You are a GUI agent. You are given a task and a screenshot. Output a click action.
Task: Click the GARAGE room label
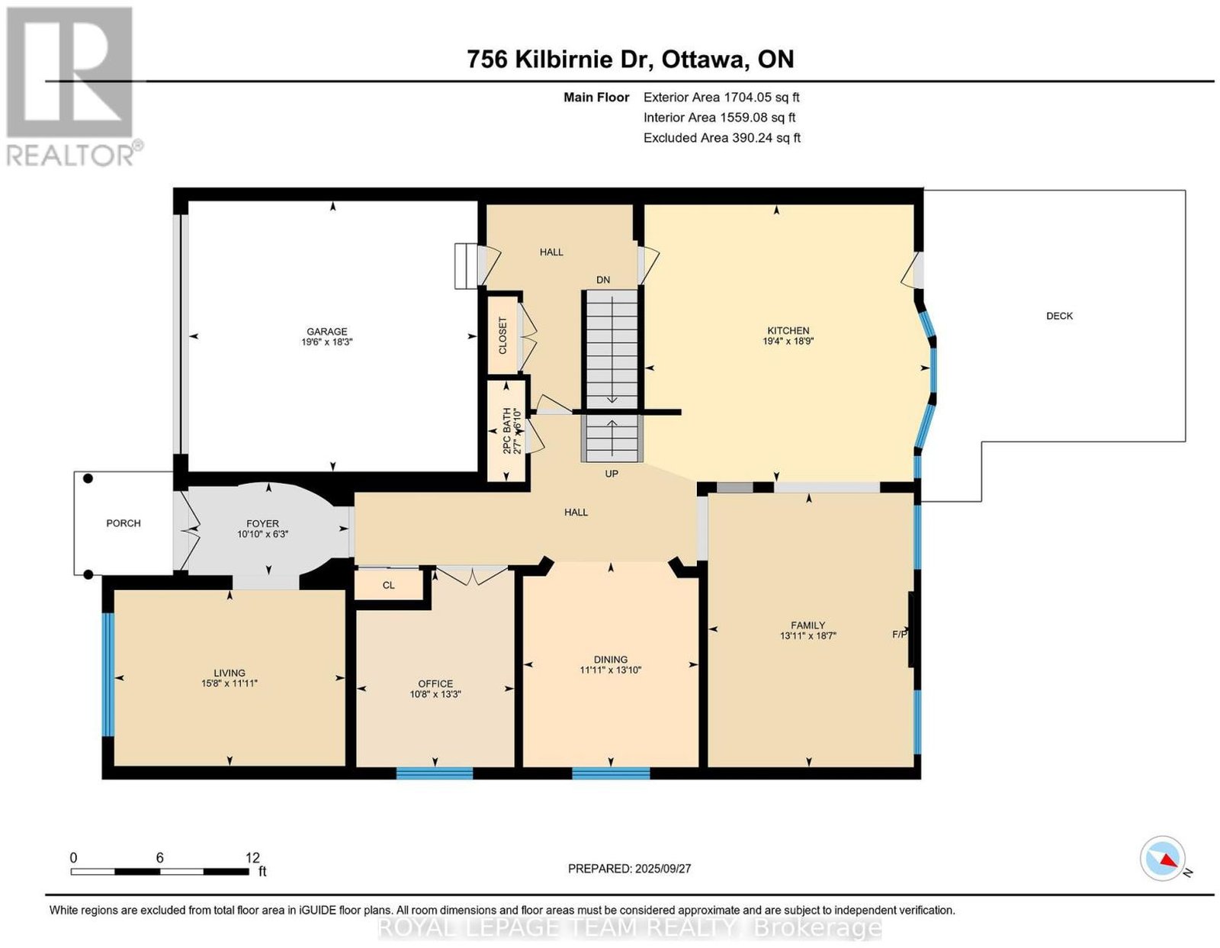coord(327,331)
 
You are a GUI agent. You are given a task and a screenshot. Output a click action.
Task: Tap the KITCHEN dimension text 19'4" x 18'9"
coord(788,341)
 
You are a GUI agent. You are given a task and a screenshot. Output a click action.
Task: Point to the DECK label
coord(1059,316)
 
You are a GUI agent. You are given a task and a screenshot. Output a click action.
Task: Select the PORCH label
coord(124,523)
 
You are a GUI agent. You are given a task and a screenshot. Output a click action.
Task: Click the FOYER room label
coord(262,524)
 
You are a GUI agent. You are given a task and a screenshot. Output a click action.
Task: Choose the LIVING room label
coord(230,673)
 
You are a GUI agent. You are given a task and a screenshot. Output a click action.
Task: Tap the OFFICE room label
coord(435,683)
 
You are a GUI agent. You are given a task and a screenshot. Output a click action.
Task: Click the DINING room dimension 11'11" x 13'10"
coord(611,670)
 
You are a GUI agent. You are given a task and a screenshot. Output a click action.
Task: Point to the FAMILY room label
coord(808,625)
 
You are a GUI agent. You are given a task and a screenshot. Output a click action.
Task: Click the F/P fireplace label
coord(900,635)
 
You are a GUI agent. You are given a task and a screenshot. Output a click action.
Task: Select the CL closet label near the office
coord(389,585)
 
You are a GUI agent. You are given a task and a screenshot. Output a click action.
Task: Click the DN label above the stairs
coord(603,280)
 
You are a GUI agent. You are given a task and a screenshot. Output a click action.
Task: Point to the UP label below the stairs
coord(612,474)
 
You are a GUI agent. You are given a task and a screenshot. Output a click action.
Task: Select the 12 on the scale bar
coord(252,858)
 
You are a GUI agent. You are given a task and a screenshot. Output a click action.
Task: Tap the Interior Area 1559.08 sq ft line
coord(719,117)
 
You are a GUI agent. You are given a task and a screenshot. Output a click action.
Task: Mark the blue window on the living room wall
coord(108,674)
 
